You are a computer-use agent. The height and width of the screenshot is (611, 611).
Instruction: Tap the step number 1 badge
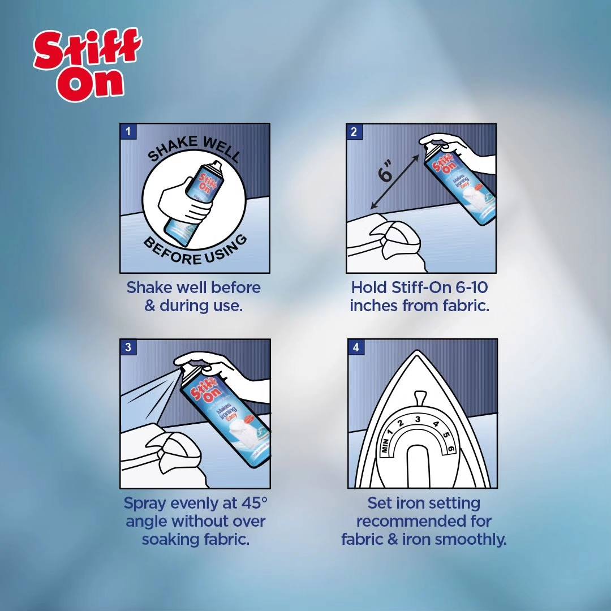tap(128, 132)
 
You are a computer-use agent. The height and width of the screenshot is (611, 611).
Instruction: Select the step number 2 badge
tap(354, 132)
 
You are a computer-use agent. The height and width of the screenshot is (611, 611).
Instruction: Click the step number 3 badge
tap(128, 347)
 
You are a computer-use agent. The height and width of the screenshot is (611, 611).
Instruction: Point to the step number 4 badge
tap(356, 347)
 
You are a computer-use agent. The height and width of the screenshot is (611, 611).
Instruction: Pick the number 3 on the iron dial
tap(418, 419)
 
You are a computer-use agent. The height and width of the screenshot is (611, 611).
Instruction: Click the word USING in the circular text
tap(226, 249)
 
